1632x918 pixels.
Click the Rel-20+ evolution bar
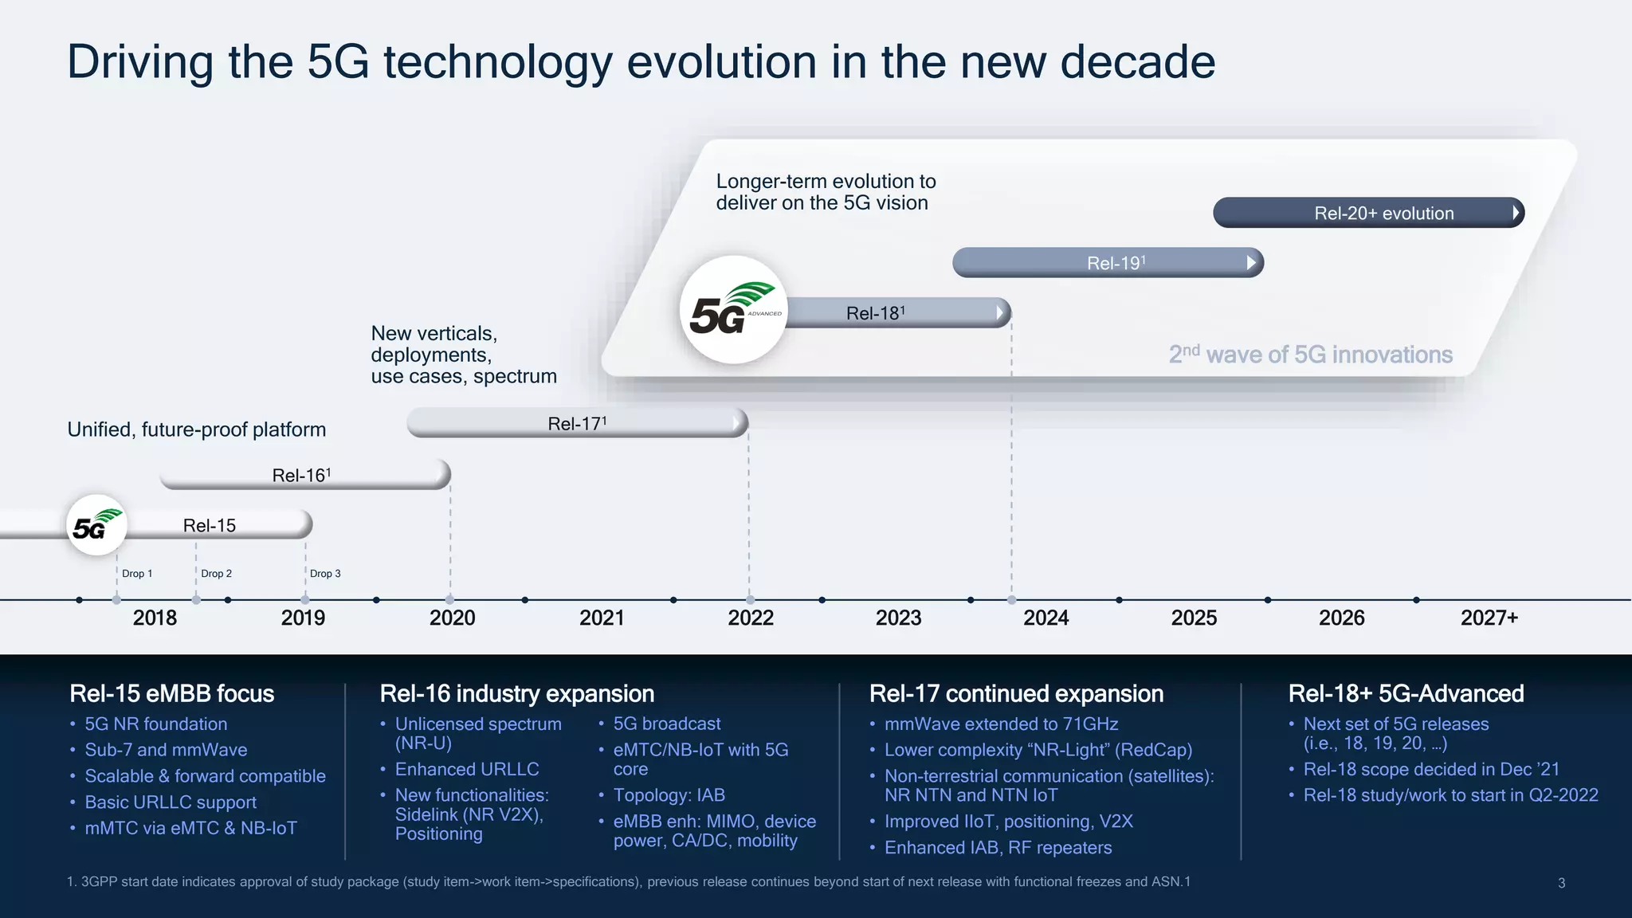coord(1367,213)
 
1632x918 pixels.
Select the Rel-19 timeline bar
coord(1108,263)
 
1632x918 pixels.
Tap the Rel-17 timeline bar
coord(577,423)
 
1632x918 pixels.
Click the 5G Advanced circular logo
coord(733,310)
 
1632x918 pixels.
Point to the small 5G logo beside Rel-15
coord(96,525)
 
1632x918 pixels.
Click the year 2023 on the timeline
coord(898,618)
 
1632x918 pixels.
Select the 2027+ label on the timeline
coord(1489,618)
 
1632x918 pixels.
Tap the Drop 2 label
coord(216,574)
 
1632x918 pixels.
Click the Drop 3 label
coord(325,574)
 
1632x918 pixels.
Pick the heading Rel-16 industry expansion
coord(516,693)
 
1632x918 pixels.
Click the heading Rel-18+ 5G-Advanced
coord(1406,693)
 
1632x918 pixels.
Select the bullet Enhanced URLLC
coord(467,769)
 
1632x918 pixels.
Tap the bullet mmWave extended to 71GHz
coord(1001,724)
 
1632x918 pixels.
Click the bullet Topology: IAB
coord(669,795)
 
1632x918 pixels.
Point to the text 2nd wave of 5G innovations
coord(1310,355)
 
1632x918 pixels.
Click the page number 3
coord(1561,883)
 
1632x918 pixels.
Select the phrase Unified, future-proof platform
coord(197,430)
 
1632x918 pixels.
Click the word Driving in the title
coord(140,62)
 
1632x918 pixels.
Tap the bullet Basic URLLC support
coord(171,802)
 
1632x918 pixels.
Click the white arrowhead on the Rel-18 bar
coord(1000,313)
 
